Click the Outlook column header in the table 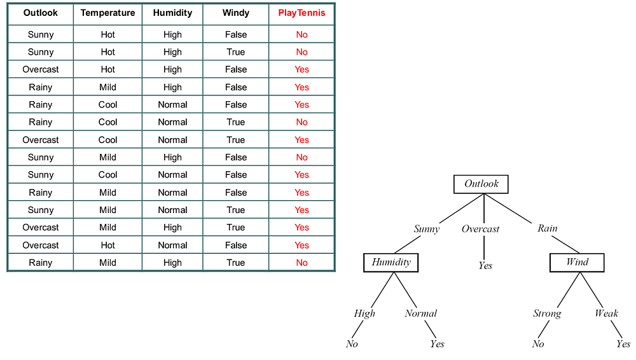pyautogui.click(x=41, y=13)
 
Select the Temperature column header pyautogui.click(x=107, y=13)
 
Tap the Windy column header pyautogui.click(x=236, y=13)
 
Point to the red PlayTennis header pyautogui.click(x=301, y=13)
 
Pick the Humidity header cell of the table pyautogui.click(x=172, y=13)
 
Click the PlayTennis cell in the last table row pyautogui.click(x=301, y=263)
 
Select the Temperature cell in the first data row pyautogui.click(x=107, y=34)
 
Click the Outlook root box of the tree pyautogui.click(x=481, y=184)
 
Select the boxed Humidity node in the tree pyautogui.click(x=391, y=262)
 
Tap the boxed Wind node pyautogui.click(x=577, y=262)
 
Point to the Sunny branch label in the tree pyautogui.click(x=426, y=229)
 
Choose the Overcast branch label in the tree pyautogui.click(x=480, y=229)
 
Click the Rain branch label pyautogui.click(x=547, y=228)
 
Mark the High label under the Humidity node pyautogui.click(x=364, y=313)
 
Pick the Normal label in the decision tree pyautogui.click(x=420, y=313)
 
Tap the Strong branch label pyautogui.click(x=547, y=313)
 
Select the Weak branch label pyautogui.click(x=606, y=313)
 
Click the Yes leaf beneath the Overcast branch pyautogui.click(x=485, y=265)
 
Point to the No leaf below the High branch pyautogui.click(x=352, y=344)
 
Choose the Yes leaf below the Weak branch pyautogui.click(x=623, y=344)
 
